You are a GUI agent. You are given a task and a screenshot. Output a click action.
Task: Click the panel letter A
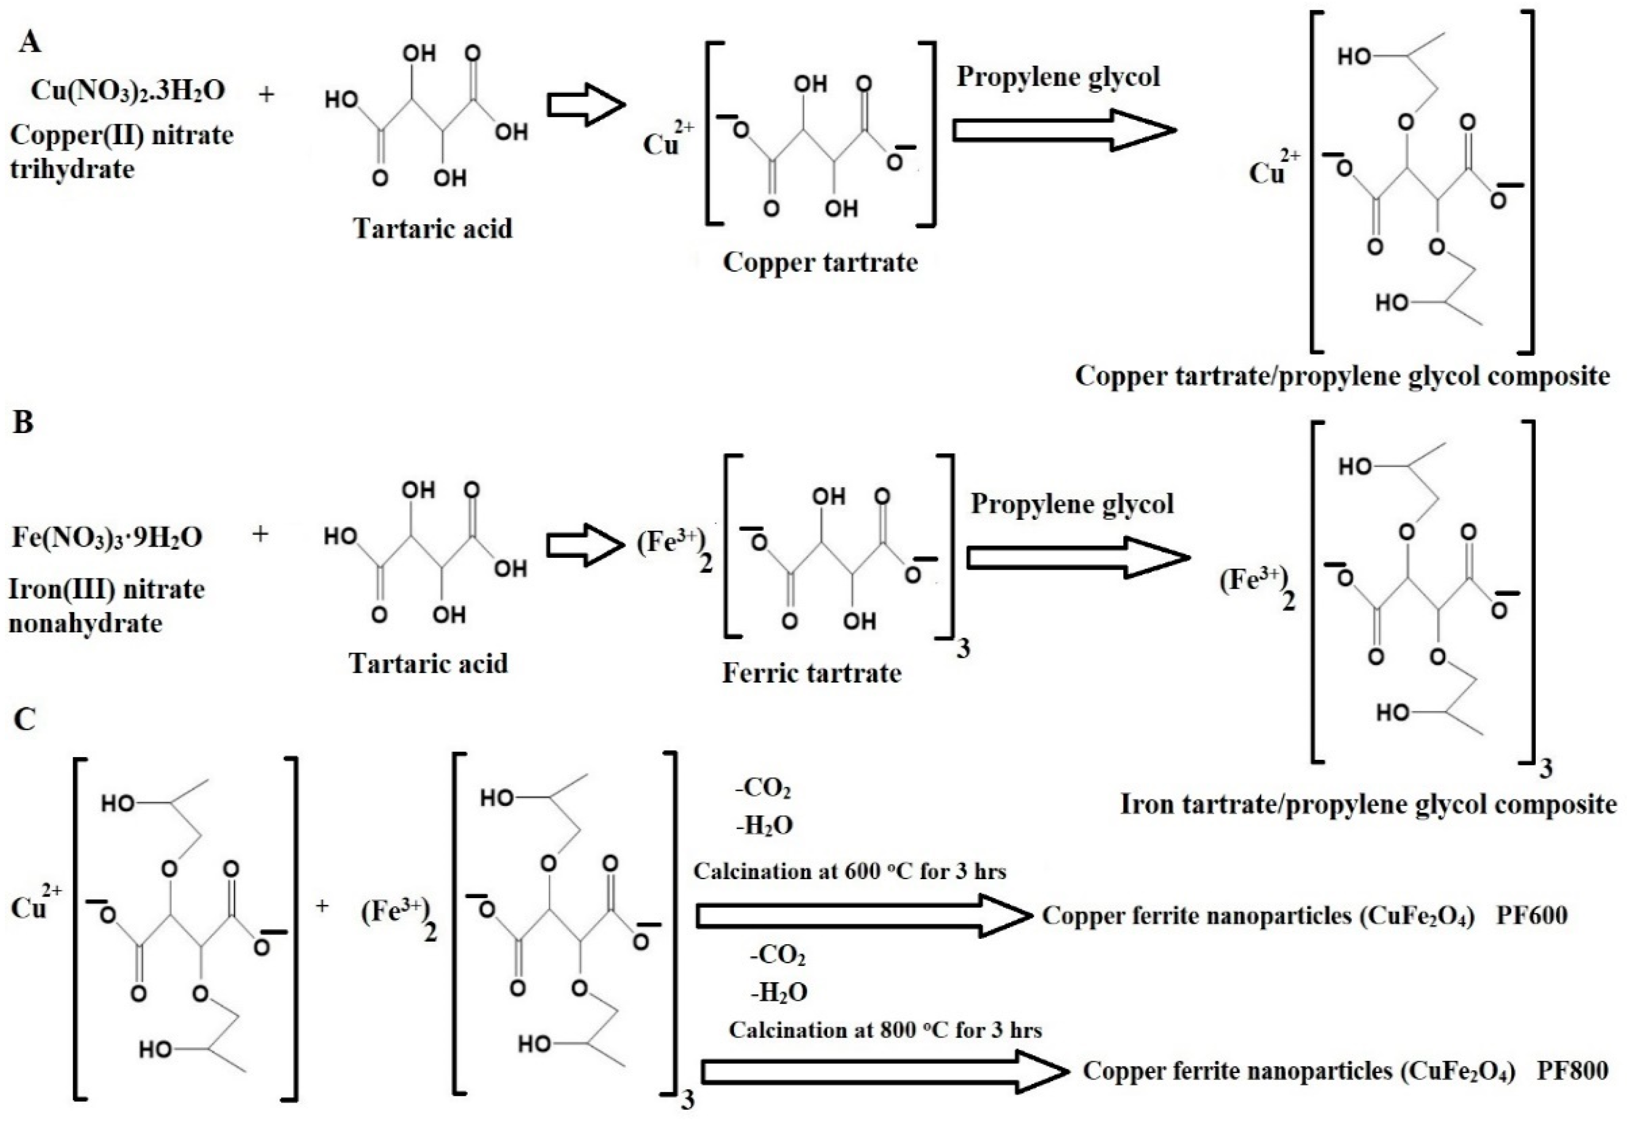(x=30, y=42)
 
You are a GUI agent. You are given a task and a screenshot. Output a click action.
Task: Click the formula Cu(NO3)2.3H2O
(x=128, y=92)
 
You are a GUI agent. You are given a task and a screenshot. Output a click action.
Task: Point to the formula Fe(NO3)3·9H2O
(x=107, y=537)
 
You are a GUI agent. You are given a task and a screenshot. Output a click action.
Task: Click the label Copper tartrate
(x=820, y=262)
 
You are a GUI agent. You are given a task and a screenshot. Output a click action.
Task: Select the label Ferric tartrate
(x=812, y=673)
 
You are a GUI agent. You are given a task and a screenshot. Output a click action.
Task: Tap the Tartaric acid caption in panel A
(x=433, y=228)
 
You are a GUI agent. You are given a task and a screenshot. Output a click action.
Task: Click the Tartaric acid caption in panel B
(x=429, y=663)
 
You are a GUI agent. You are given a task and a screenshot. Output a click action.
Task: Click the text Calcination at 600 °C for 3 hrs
(x=849, y=872)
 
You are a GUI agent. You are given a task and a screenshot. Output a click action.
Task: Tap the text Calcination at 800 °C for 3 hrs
(x=885, y=1030)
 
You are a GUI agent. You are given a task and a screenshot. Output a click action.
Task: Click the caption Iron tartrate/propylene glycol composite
(x=1368, y=804)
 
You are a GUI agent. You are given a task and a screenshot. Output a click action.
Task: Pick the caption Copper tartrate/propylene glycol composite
(x=1342, y=376)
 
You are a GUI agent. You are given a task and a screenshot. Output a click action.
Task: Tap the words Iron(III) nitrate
(x=106, y=589)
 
